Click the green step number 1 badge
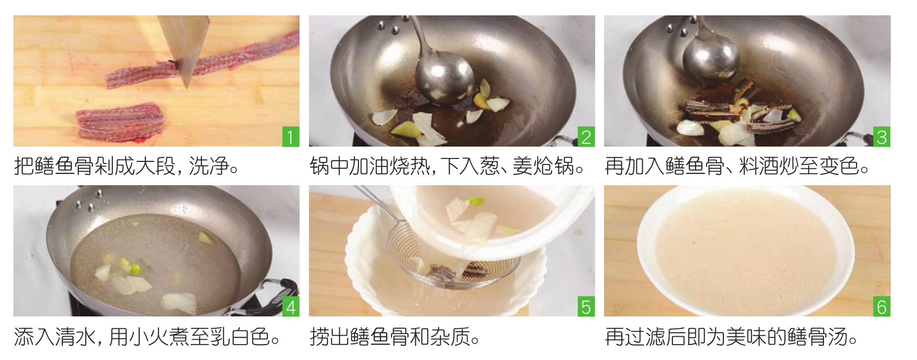(291, 137)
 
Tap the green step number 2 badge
(586, 137)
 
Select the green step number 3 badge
(882, 137)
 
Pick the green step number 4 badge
(291, 307)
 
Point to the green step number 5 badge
(586, 307)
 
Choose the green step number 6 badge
(882, 307)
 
